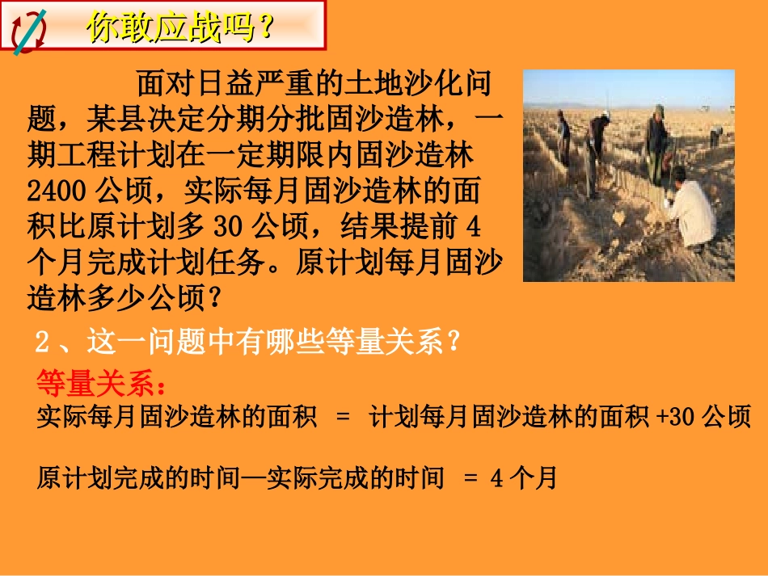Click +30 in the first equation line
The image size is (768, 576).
click(676, 417)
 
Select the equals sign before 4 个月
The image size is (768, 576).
click(472, 479)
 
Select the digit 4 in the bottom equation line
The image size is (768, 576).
click(497, 479)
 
